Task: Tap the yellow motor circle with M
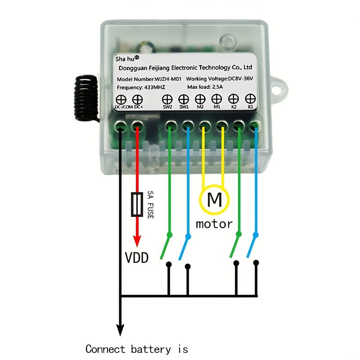coord(215,199)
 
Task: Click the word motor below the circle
coord(214,224)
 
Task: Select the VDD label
coord(137,257)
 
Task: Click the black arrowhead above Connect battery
coord(120,331)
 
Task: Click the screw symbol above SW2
coord(167,99)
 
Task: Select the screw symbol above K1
coord(250,99)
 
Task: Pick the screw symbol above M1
coord(217,99)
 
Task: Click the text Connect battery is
coord(137,349)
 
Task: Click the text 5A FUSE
coord(150,205)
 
